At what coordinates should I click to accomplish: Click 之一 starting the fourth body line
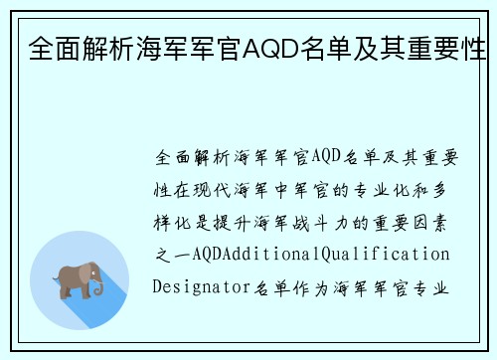[x=168, y=255]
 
